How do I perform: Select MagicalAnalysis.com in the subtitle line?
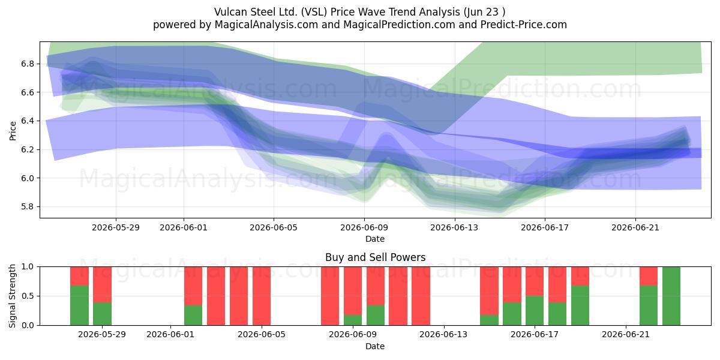(x=266, y=25)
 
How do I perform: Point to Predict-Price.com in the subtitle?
(x=524, y=25)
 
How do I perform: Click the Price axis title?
(x=13, y=131)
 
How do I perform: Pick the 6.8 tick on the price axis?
(x=28, y=64)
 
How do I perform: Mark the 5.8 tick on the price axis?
(x=28, y=206)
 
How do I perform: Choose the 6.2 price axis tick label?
(x=28, y=149)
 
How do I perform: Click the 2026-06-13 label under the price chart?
(x=454, y=227)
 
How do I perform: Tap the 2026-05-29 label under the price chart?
(x=116, y=227)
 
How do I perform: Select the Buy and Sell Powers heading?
(x=375, y=257)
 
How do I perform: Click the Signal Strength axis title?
(x=12, y=296)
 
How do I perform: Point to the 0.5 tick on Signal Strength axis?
(x=28, y=296)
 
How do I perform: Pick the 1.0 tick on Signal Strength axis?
(x=28, y=267)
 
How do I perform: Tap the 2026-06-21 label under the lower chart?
(x=625, y=334)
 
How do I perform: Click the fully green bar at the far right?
(x=671, y=296)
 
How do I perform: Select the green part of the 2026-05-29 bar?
(x=102, y=314)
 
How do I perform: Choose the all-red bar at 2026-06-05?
(x=262, y=296)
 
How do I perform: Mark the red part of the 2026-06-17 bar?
(x=535, y=281)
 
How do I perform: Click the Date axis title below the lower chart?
(x=375, y=346)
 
